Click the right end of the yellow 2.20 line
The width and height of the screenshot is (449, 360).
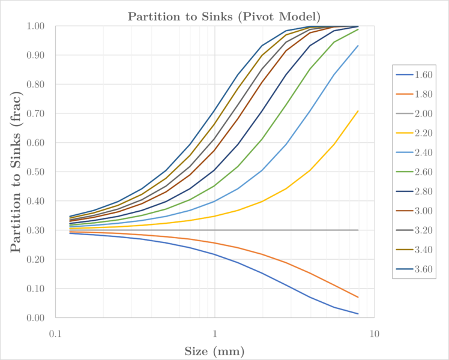358,111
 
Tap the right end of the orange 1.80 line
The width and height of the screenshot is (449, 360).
358,297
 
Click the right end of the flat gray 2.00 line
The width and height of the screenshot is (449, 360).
358,230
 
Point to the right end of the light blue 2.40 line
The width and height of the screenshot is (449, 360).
358,46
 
